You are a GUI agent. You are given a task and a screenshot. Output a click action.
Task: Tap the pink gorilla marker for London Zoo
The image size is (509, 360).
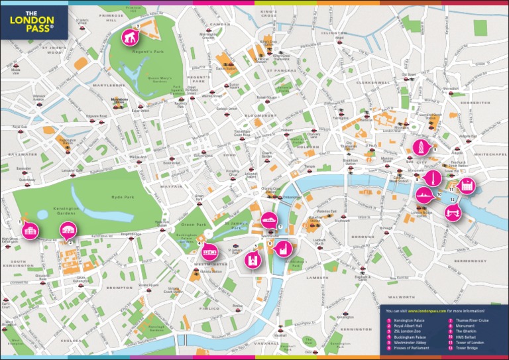130,37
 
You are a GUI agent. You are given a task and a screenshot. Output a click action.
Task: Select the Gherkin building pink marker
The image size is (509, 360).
420,147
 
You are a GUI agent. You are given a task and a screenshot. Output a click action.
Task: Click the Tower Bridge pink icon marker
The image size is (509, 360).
453,213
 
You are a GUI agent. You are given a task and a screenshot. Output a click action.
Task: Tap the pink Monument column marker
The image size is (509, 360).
431,178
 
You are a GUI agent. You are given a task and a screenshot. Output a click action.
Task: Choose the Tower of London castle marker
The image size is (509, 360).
468,186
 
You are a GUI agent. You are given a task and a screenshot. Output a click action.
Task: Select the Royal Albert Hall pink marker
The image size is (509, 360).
68,231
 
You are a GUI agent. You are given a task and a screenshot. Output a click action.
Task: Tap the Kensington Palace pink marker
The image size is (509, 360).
29,231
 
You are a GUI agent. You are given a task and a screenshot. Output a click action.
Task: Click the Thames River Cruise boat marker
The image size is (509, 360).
269,219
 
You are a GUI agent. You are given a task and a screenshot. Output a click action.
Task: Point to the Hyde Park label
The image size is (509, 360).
123,197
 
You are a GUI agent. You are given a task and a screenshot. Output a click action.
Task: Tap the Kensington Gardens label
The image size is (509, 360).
66,211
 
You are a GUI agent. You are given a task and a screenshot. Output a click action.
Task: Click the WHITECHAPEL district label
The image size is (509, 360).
490,154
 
